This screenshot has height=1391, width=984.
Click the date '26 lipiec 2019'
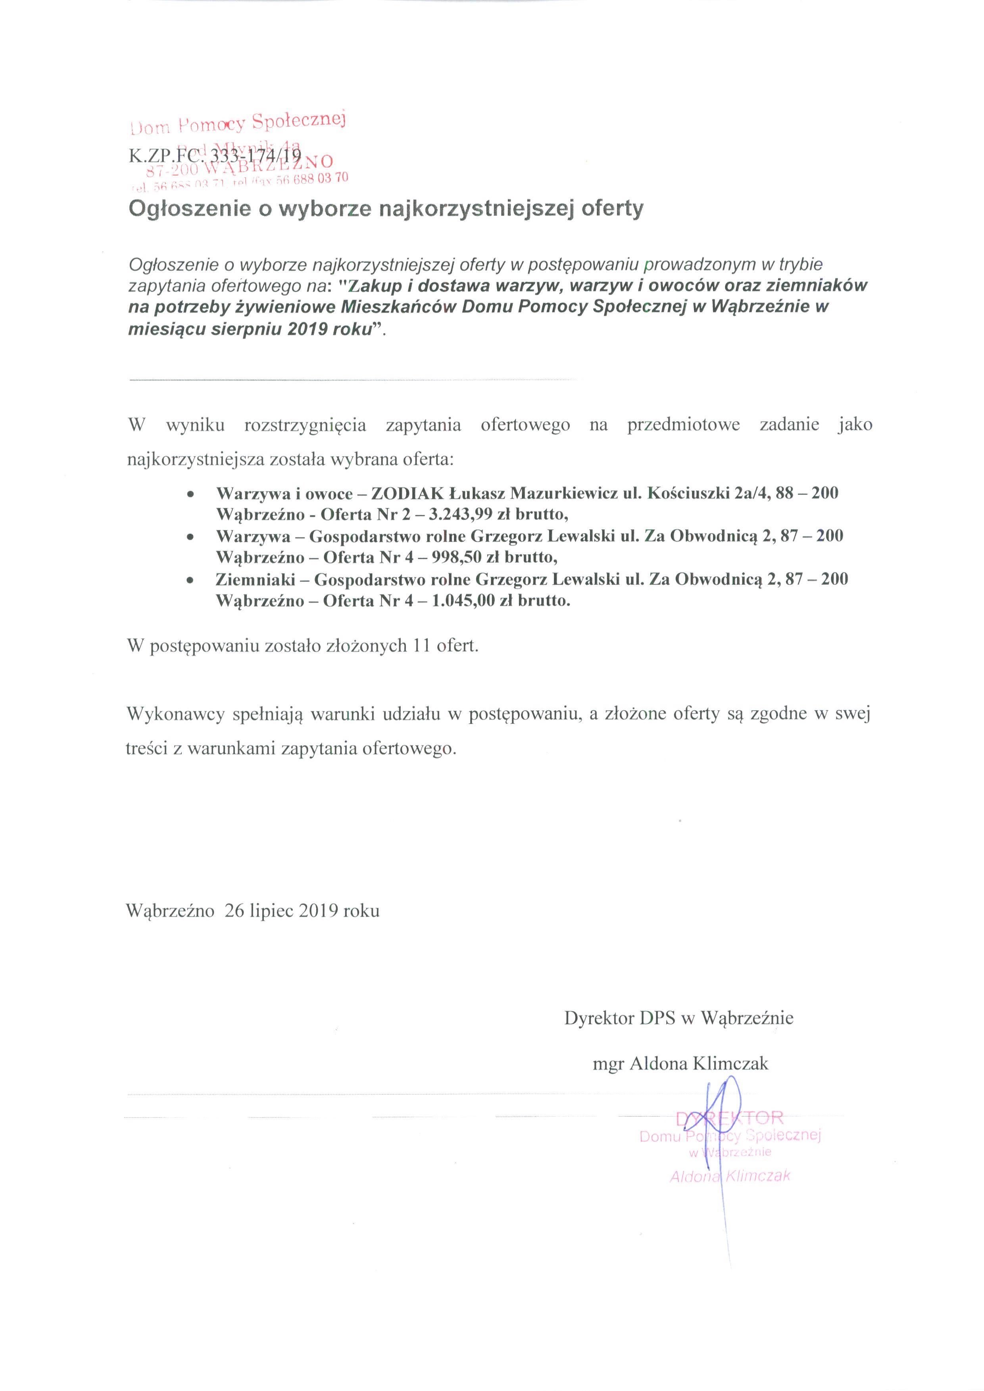coord(281,911)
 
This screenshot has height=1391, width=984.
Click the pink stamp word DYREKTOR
coord(730,1117)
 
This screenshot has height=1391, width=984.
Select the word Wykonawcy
coord(176,714)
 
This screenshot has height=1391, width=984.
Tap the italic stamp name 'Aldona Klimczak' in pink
coord(730,1176)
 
